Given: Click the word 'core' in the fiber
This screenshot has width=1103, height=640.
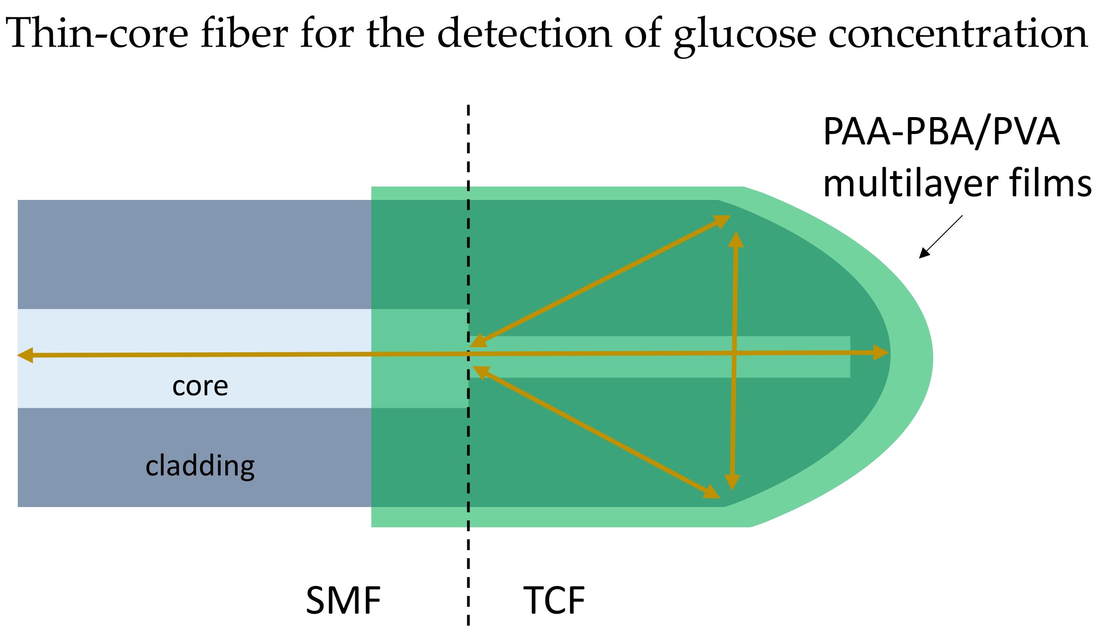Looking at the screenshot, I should (200, 386).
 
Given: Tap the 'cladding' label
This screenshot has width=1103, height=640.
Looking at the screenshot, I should (200, 466).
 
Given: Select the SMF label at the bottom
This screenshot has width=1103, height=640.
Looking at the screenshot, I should (343, 601).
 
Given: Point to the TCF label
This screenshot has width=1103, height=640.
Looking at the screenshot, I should (554, 601).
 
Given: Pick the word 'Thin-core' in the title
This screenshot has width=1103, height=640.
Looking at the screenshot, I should (97, 34).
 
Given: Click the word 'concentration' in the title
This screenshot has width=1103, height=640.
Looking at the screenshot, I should (958, 34).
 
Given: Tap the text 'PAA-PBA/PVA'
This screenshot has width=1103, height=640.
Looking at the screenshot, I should (941, 132).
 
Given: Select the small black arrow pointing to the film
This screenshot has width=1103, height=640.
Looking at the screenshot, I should (940, 237).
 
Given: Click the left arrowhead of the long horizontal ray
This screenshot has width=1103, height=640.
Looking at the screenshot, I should (25, 355).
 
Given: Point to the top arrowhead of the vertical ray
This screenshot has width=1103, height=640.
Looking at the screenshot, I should (736, 239).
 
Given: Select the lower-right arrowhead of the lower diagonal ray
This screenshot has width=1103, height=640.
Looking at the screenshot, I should (712, 492).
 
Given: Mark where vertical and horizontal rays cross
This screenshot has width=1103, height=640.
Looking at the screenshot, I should (734, 354).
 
